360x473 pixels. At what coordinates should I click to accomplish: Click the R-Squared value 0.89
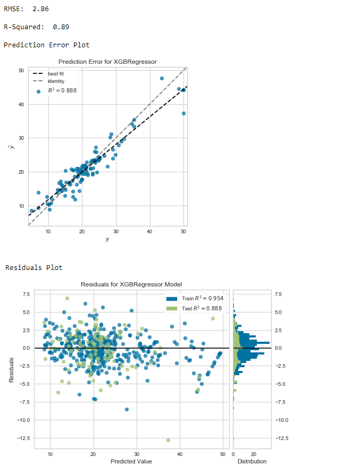tap(61, 27)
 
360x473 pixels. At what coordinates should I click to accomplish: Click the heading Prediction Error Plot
tap(46, 45)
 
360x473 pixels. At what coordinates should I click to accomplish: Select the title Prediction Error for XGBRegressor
tap(107, 62)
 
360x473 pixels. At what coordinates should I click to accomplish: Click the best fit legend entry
tap(56, 73)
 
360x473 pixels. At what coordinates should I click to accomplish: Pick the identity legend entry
tap(56, 81)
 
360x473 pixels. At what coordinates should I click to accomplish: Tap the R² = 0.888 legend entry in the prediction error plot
tap(62, 91)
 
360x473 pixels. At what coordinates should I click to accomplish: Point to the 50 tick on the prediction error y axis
tap(21, 70)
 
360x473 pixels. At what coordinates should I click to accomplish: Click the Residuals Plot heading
tap(34, 267)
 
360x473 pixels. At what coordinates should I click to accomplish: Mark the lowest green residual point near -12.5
tap(169, 440)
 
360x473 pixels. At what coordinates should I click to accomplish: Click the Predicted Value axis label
tap(131, 461)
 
